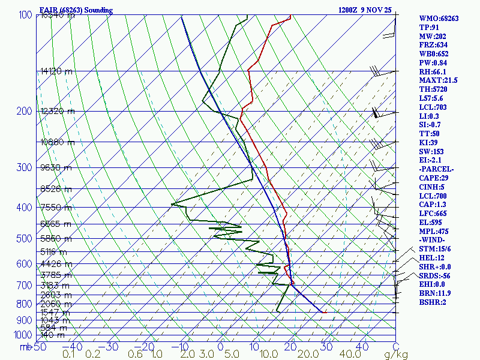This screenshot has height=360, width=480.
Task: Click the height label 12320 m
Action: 57,112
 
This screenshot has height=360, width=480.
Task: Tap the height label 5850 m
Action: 55,239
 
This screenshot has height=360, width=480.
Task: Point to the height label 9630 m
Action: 55,168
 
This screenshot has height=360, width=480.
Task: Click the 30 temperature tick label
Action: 326,347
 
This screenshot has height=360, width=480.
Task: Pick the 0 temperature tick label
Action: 220,347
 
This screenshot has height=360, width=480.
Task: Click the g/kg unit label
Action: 396,355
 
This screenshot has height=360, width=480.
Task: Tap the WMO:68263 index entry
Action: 439,19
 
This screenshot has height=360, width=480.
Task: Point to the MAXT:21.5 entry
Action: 438,80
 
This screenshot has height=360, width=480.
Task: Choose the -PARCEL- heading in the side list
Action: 436,169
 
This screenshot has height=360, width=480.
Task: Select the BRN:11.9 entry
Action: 435,293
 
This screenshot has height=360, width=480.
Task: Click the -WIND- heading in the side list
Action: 433,240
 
